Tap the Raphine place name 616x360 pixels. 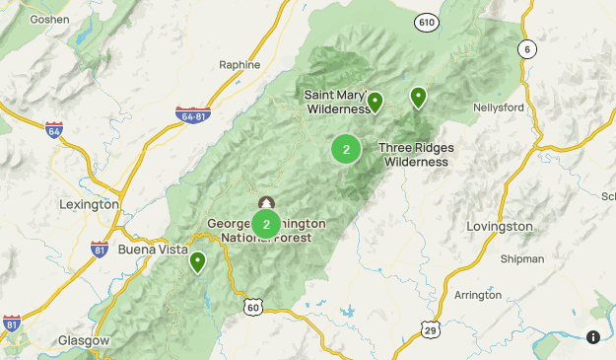click(240, 64)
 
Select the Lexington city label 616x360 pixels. click(89, 204)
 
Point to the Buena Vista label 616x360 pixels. click(153, 249)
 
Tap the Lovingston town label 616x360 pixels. click(500, 226)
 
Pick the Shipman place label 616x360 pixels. click(521, 259)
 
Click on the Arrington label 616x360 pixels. click(478, 295)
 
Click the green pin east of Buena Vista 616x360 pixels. click(198, 262)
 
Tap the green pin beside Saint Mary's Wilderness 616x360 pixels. click(375, 102)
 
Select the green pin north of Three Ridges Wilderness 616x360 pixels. click(418, 97)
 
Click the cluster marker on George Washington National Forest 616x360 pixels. click(266, 224)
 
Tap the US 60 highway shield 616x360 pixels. click(254, 309)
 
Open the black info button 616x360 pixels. click(593, 337)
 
